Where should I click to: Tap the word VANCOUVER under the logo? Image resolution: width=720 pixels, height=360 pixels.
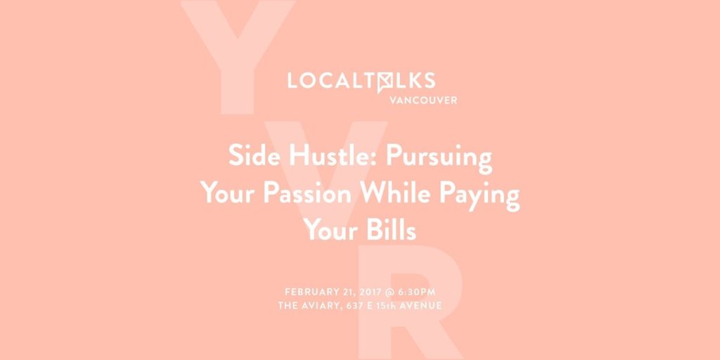(x=423, y=100)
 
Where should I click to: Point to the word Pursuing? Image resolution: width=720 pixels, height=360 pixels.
(x=439, y=158)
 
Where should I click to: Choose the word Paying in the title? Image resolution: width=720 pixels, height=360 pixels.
(x=473, y=195)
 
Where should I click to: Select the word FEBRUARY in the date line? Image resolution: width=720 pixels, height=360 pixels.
(x=310, y=292)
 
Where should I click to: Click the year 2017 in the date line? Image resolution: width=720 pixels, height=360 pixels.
(x=370, y=292)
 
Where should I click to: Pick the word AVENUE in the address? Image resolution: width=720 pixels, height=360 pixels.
(x=423, y=305)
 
